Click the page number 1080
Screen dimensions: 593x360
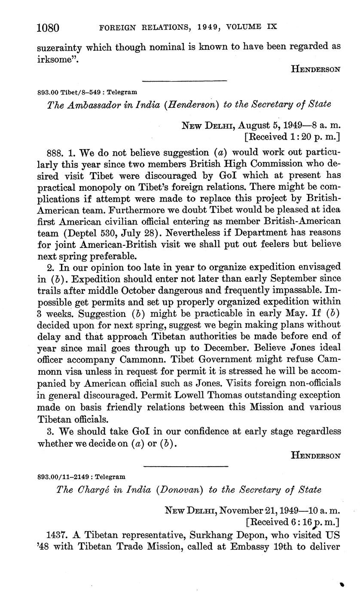pos(48,28)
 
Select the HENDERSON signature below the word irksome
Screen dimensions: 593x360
pos(316,69)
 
